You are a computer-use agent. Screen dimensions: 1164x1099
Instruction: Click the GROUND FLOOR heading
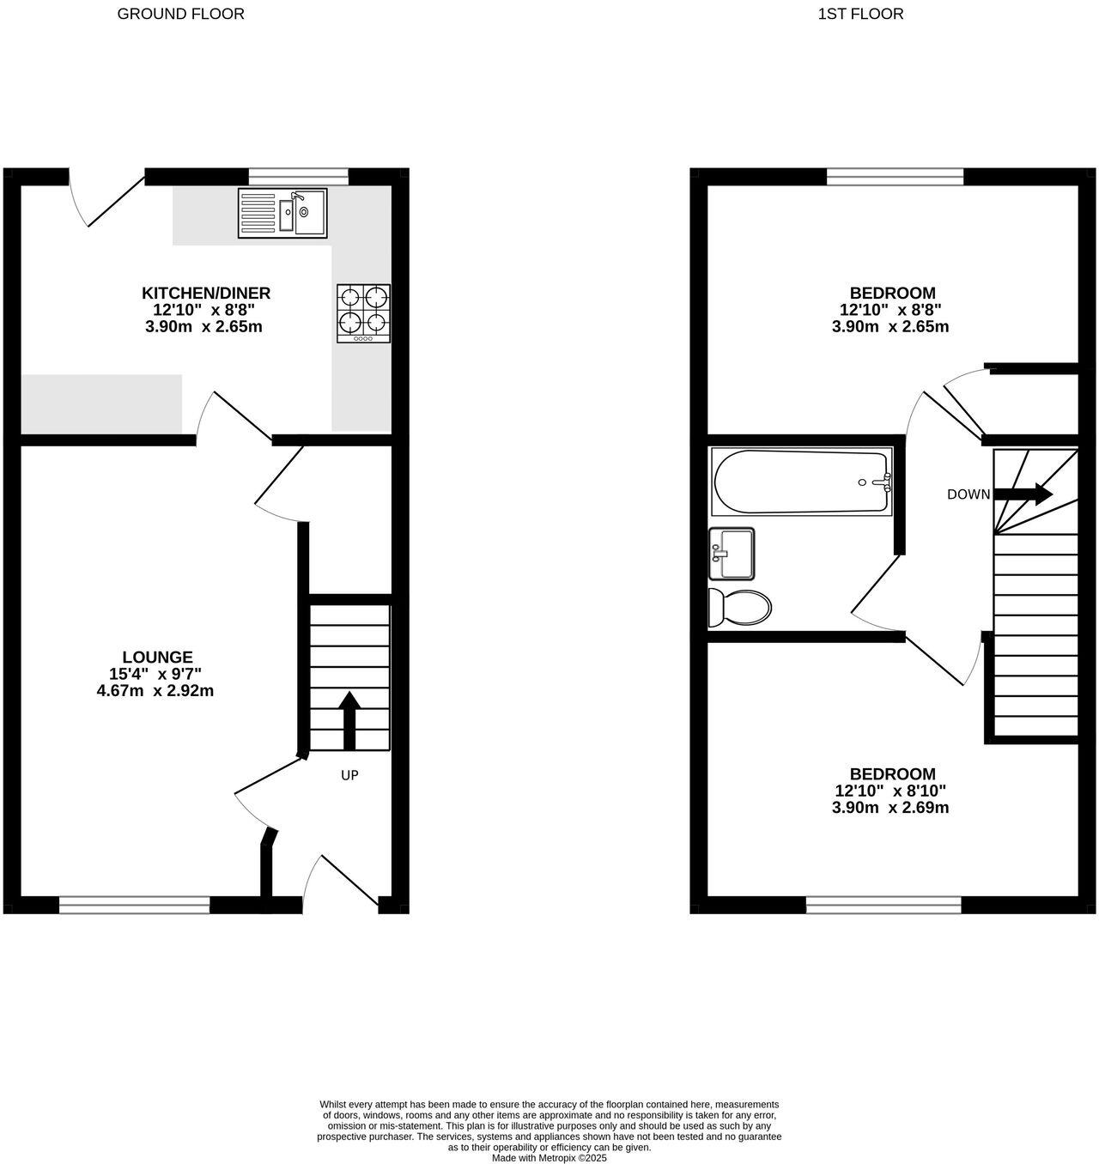coord(180,14)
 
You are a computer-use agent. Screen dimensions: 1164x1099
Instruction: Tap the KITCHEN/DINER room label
coord(206,294)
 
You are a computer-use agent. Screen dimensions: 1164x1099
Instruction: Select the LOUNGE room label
coord(157,658)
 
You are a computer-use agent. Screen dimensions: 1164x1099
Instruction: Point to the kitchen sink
coord(282,213)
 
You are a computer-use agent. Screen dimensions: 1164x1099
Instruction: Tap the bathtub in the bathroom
coord(802,482)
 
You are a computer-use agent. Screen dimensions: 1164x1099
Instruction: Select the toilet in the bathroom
coord(739,608)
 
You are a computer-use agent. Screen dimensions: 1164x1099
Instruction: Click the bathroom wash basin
coord(732,554)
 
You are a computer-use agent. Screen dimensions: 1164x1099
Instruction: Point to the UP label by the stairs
coord(349,775)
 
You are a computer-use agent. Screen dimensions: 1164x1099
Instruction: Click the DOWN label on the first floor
coord(968,494)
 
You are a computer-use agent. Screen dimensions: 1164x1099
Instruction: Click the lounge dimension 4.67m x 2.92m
coord(155,690)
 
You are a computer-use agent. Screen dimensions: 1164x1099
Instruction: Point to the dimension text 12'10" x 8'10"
coord(890,791)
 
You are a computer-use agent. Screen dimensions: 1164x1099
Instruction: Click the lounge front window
coord(135,904)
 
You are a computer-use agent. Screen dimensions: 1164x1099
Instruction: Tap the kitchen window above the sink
coord(299,177)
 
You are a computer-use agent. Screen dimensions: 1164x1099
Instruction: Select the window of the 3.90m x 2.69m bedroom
coord(883,904)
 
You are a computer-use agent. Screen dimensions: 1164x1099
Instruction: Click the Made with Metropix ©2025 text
coord(549,1158)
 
